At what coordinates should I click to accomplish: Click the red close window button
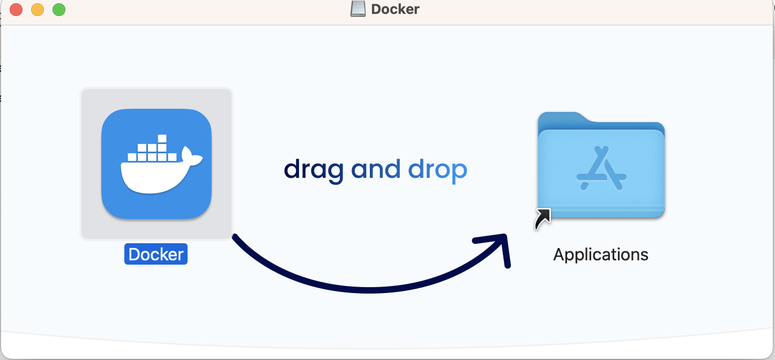coord(16,10)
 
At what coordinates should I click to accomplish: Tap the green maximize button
coord(59,10)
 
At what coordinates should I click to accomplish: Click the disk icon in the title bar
coord(358,9)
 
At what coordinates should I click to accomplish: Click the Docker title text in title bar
coord(395,9)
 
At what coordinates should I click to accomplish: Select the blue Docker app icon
coord(157,164)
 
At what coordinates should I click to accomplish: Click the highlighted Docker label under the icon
coord(156,254)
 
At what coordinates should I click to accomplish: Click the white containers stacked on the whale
coord(152,151)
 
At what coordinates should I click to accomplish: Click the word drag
coord(314,170)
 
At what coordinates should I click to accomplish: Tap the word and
coord(376,170)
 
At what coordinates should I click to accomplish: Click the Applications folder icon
coord(601,166)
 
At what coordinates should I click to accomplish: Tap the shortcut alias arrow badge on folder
coord(542,219)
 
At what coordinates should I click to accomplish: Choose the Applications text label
coord(601,254)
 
